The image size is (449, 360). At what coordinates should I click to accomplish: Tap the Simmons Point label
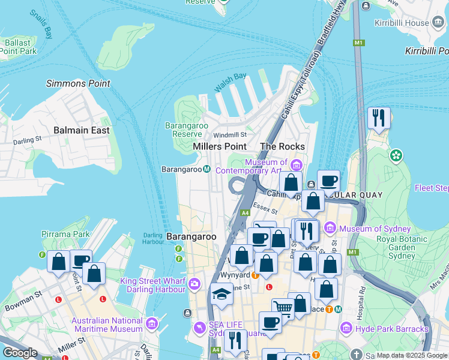pos(78,83)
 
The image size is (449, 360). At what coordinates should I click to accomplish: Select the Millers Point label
pos(220,146)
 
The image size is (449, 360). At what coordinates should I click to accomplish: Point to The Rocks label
pos(282,146)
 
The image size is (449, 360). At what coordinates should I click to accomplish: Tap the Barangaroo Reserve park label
pos(187,130)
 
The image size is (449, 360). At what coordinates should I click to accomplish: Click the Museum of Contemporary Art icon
pos(296,165)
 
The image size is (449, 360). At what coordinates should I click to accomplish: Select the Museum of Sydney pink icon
pos(330,229)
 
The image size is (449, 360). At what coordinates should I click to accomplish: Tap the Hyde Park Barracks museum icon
pos(346,329)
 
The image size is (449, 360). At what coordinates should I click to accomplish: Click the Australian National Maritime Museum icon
pos(151,325)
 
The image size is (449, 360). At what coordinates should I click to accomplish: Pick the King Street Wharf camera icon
pos(194,284)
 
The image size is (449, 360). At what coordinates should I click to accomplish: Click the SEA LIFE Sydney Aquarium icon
pos(199,328)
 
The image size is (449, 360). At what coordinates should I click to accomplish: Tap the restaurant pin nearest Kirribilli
pos(379,118)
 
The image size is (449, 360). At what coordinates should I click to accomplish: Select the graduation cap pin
pos(221,294)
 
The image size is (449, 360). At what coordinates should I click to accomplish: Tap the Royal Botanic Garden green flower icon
pos(396,156)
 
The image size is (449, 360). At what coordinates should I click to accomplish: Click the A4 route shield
pos(245,213)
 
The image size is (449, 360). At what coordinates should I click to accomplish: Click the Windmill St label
pos(230,135)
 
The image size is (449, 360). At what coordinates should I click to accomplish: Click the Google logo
pos(20,353)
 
